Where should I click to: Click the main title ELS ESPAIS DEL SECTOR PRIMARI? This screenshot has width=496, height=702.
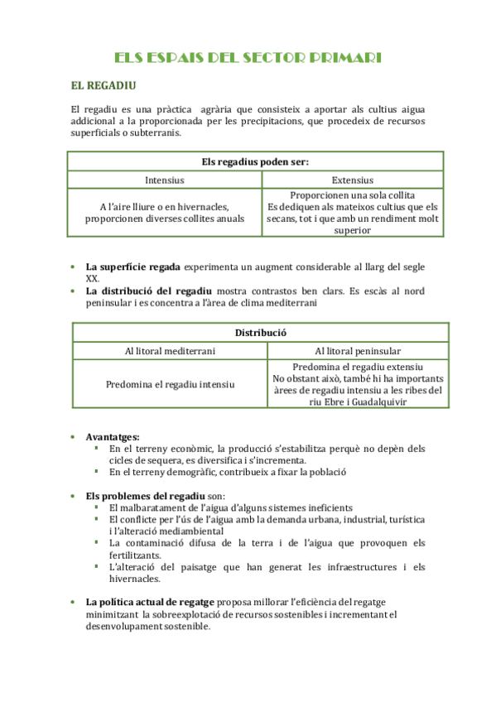coord(248,57)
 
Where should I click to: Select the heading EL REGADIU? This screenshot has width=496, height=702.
coord(104,85)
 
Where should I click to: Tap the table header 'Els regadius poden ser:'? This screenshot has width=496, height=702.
coord(255,161)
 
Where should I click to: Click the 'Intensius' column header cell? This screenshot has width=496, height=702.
coord(165,180)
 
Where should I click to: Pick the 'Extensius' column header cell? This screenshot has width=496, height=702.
coord(352,180)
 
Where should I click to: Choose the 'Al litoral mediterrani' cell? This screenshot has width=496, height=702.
coord(171,351)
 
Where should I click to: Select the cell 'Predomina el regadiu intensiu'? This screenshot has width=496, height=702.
coord(171,384)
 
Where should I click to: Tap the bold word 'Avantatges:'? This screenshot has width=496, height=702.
coord(113,436)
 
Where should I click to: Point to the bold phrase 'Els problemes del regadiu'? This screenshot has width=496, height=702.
coord(140,495)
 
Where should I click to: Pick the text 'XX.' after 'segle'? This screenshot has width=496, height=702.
coord(93,278)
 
